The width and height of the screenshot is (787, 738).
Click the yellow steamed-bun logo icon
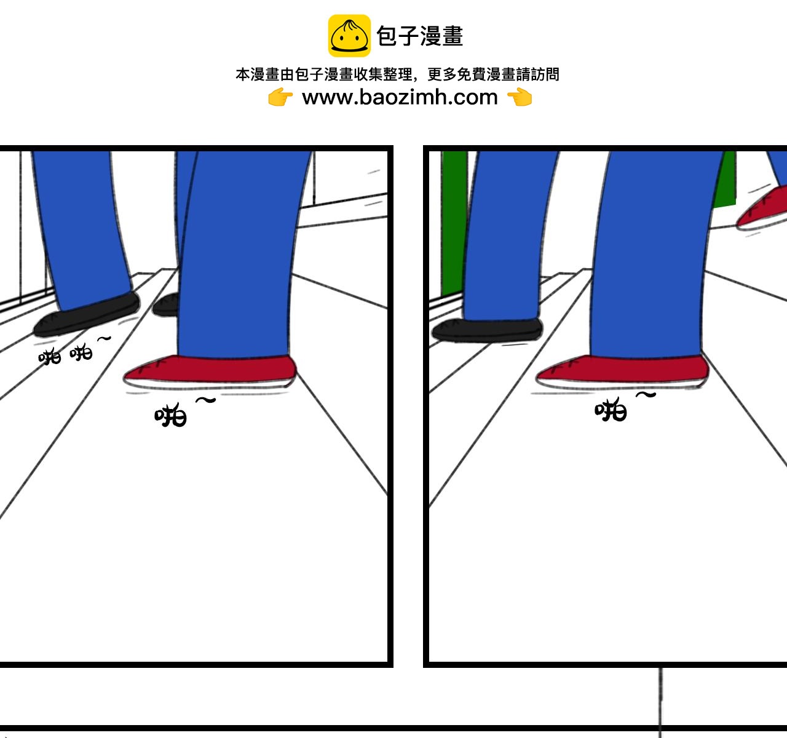tap(349, 36)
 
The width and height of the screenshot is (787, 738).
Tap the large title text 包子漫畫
tap(420, 36)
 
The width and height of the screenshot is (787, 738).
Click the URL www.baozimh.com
tap(400, 97)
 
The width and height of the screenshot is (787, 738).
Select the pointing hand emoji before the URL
tap(280, 97)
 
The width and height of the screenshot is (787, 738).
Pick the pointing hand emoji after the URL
tap(520, 97)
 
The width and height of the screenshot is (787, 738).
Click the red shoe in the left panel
tap(210, 371)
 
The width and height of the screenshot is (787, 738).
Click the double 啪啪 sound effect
tap(65, 354)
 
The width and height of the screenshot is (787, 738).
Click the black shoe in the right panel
tap(487, 330)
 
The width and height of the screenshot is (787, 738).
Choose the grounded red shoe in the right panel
tap(623, 372)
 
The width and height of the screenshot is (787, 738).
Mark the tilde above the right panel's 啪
tap(646, 395)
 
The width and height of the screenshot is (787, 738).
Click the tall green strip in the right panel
tap(454, 223)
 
